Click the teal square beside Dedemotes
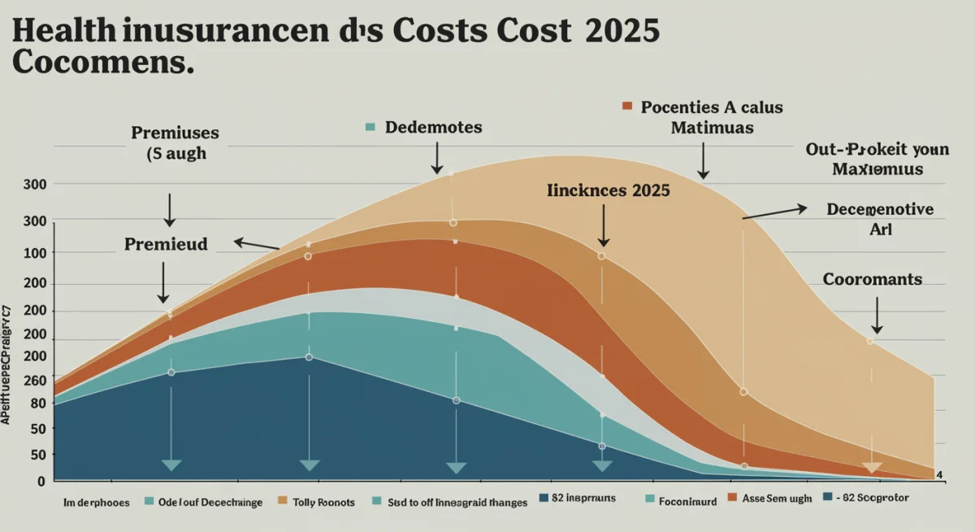(370, 128)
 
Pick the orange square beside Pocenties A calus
(626, 107)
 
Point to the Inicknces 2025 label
(609, 190)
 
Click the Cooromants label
(873, 279)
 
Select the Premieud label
(166, 243)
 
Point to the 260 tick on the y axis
(36, 380)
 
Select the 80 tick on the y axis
(38, 403)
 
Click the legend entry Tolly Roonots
(323, 502)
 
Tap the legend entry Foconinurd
(687, 502)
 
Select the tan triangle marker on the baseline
(872, 468)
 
